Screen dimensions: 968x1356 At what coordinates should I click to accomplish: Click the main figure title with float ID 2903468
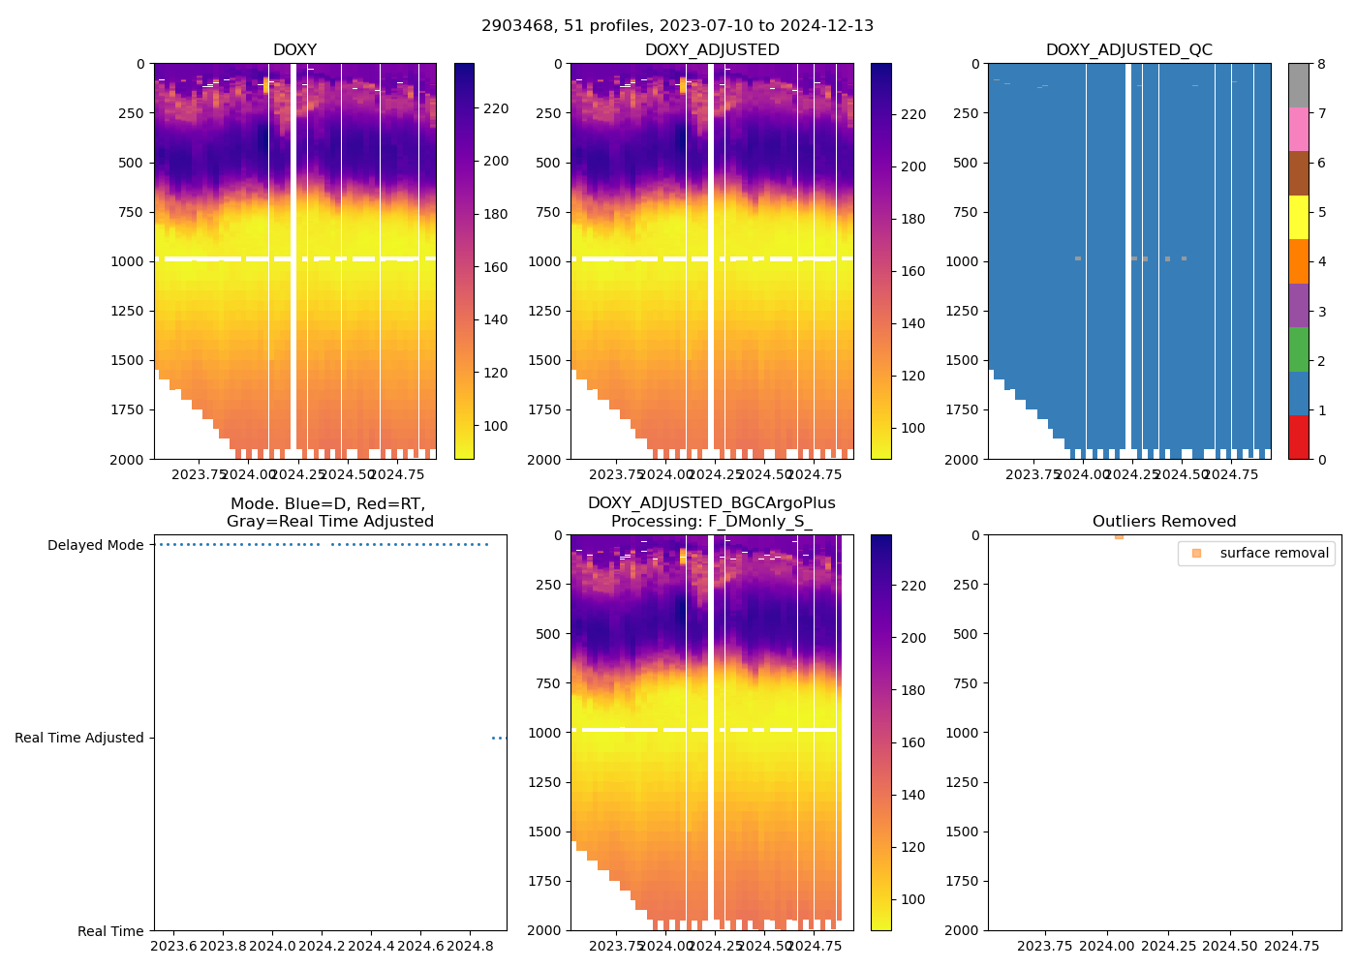coord(677,26)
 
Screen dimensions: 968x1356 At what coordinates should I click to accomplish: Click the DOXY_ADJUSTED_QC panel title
coord(1128,50)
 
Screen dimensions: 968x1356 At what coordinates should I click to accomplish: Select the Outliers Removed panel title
coord(1164,522)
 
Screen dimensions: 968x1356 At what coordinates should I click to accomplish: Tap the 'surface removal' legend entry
coord(1274,553)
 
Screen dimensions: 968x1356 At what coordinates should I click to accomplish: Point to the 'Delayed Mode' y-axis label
coord(95,545)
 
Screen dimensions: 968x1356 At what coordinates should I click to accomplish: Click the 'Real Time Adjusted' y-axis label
coord(79,738)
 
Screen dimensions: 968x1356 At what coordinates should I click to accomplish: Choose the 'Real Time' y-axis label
coord(110,931)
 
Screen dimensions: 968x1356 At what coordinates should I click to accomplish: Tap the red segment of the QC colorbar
coord(1298,437)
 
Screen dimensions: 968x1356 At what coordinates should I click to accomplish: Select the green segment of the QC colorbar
coord(1298,348)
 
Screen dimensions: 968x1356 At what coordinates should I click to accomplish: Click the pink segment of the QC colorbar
coord(1298,129)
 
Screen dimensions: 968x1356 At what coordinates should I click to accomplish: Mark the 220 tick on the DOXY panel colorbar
coord(496,108)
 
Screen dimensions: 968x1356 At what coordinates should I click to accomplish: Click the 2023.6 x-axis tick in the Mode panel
coord(173,946)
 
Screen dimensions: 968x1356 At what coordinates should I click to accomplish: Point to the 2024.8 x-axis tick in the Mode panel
coord(471,946)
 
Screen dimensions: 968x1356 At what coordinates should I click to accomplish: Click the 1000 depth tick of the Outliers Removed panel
coord(962,733)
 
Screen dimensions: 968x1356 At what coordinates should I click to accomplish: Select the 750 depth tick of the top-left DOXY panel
coord(130,212)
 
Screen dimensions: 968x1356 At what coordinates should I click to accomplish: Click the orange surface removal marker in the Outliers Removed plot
coord(1119,536)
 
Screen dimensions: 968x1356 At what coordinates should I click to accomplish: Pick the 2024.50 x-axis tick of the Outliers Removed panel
coord(1230,946)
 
